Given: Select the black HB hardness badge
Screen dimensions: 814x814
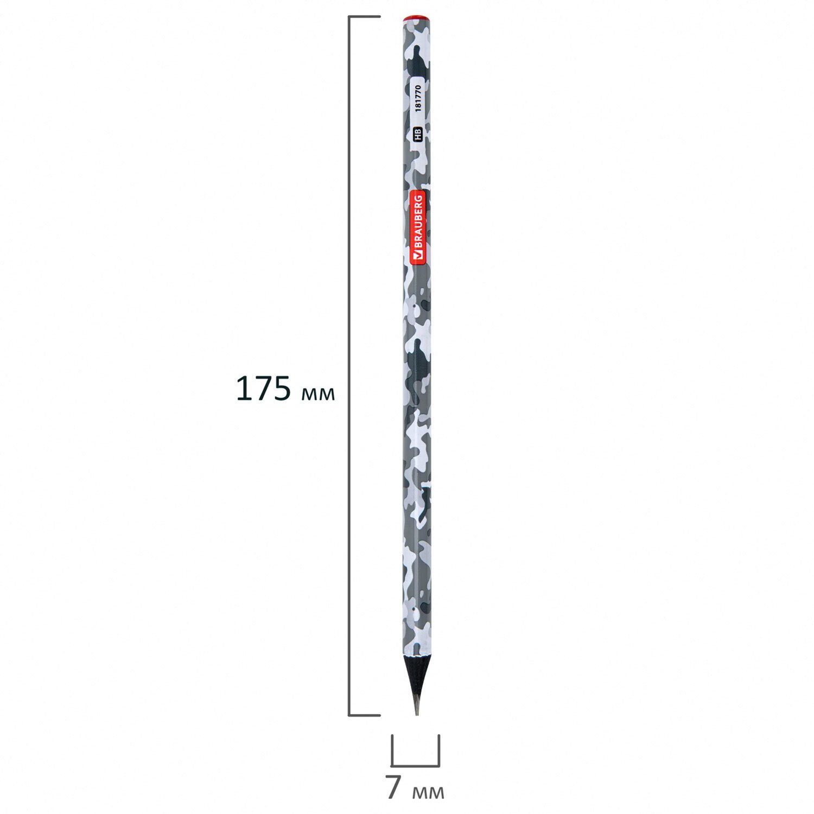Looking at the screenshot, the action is [418, 135].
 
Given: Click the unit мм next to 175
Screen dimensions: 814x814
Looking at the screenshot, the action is [317, 393].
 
